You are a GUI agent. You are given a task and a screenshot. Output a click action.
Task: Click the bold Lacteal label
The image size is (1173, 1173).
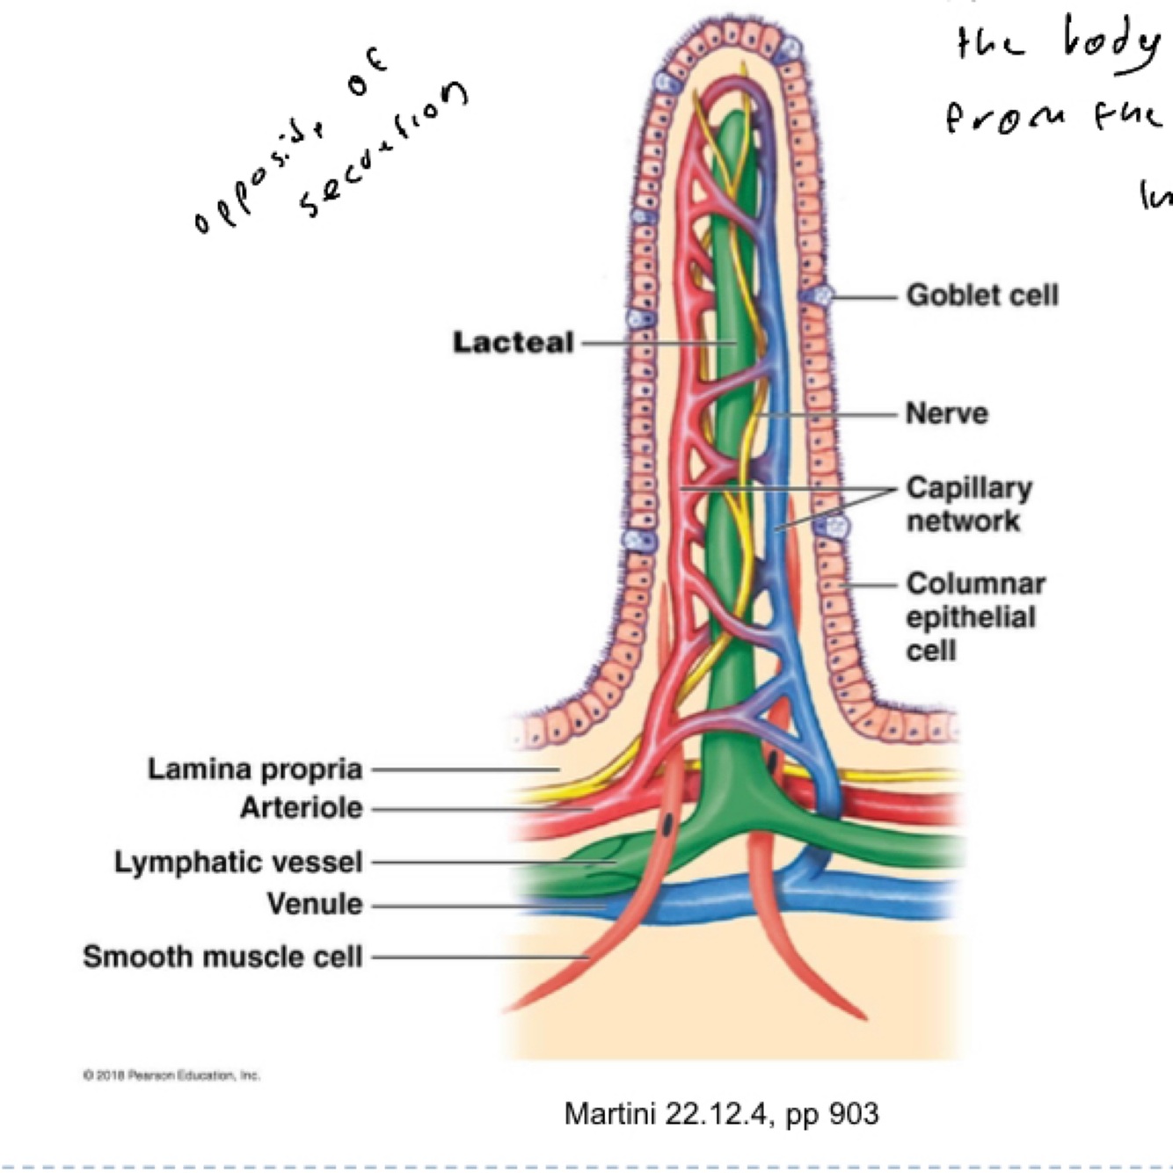click(x=513, y=342)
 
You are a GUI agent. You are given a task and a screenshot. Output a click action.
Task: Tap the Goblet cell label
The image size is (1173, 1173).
click(x=981, y=295)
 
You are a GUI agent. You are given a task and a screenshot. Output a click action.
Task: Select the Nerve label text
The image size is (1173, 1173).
click(x=946, y=413)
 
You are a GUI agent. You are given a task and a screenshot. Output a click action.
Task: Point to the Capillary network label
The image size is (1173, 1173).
click(x=968, y=504)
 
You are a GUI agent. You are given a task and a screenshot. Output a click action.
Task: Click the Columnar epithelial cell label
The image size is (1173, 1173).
click(x=974, y=616)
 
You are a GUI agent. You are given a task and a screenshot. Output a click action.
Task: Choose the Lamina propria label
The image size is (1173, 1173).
click(x=255, y=769)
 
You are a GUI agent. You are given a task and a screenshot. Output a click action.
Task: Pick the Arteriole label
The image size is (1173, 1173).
click(x=301, y=807)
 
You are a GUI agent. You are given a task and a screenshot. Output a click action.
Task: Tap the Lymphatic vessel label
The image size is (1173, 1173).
click(x=238, y=862)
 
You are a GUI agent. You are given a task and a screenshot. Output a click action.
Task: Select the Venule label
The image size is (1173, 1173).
click(x=314, y=903)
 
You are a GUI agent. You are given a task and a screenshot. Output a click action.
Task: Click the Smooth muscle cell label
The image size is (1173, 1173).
click(x=222, y=956)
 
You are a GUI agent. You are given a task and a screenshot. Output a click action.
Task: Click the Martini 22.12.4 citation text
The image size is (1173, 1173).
click(x=721, y=1114)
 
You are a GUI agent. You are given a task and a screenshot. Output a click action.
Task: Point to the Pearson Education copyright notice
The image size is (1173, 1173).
click(x=171, y=1075)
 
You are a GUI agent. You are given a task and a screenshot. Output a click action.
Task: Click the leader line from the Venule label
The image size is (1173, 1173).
click(x=484, y=905)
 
